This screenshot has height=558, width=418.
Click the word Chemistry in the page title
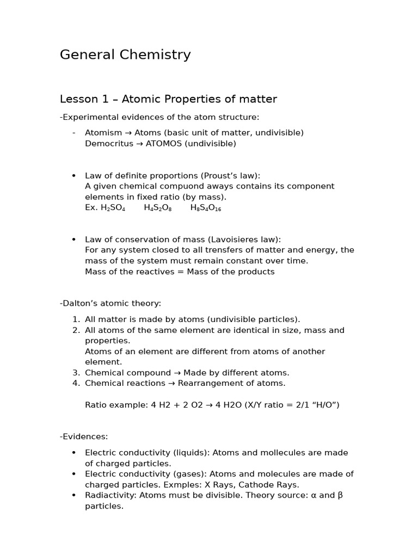point(158,55)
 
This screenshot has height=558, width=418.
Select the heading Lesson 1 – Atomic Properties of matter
point(168,99)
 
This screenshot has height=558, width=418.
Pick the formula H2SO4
point(113,208)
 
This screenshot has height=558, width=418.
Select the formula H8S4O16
point(206,208)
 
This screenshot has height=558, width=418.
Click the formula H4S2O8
point(158,208)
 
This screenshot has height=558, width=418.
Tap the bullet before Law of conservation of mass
point(73,240)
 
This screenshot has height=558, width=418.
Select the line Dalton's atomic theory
point(110,304)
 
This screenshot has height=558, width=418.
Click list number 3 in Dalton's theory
point(76,373)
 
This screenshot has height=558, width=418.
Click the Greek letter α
point(322,495)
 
